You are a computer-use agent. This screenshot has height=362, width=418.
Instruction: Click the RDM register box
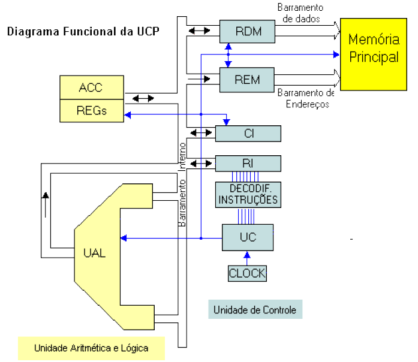pos(248,31)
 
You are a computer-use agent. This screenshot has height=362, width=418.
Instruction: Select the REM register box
pos(248,79)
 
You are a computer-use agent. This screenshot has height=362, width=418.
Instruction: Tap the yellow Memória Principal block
pos(374,53)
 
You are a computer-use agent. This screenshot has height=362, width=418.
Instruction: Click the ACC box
pos(91,88)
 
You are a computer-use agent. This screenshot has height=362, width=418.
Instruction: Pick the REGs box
pos(91,110)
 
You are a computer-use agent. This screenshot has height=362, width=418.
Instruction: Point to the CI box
pos(248,133)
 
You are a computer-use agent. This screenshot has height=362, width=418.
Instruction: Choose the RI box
pos(248,163)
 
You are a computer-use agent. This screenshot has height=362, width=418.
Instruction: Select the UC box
pos(248,237)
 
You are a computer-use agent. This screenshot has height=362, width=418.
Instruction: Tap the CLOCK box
pos(247,273)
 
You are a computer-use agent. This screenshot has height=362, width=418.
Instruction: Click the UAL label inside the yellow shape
pos(94,252)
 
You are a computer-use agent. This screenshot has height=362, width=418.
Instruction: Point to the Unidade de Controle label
pos(255,310)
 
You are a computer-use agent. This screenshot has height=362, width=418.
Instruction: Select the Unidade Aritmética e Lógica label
pos(91,348)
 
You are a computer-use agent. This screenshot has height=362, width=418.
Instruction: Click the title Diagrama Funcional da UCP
pos(83,31)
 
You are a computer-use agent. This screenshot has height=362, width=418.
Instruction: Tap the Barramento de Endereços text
pos(306,98)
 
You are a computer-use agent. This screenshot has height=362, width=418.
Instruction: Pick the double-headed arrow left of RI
pos(197,162)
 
